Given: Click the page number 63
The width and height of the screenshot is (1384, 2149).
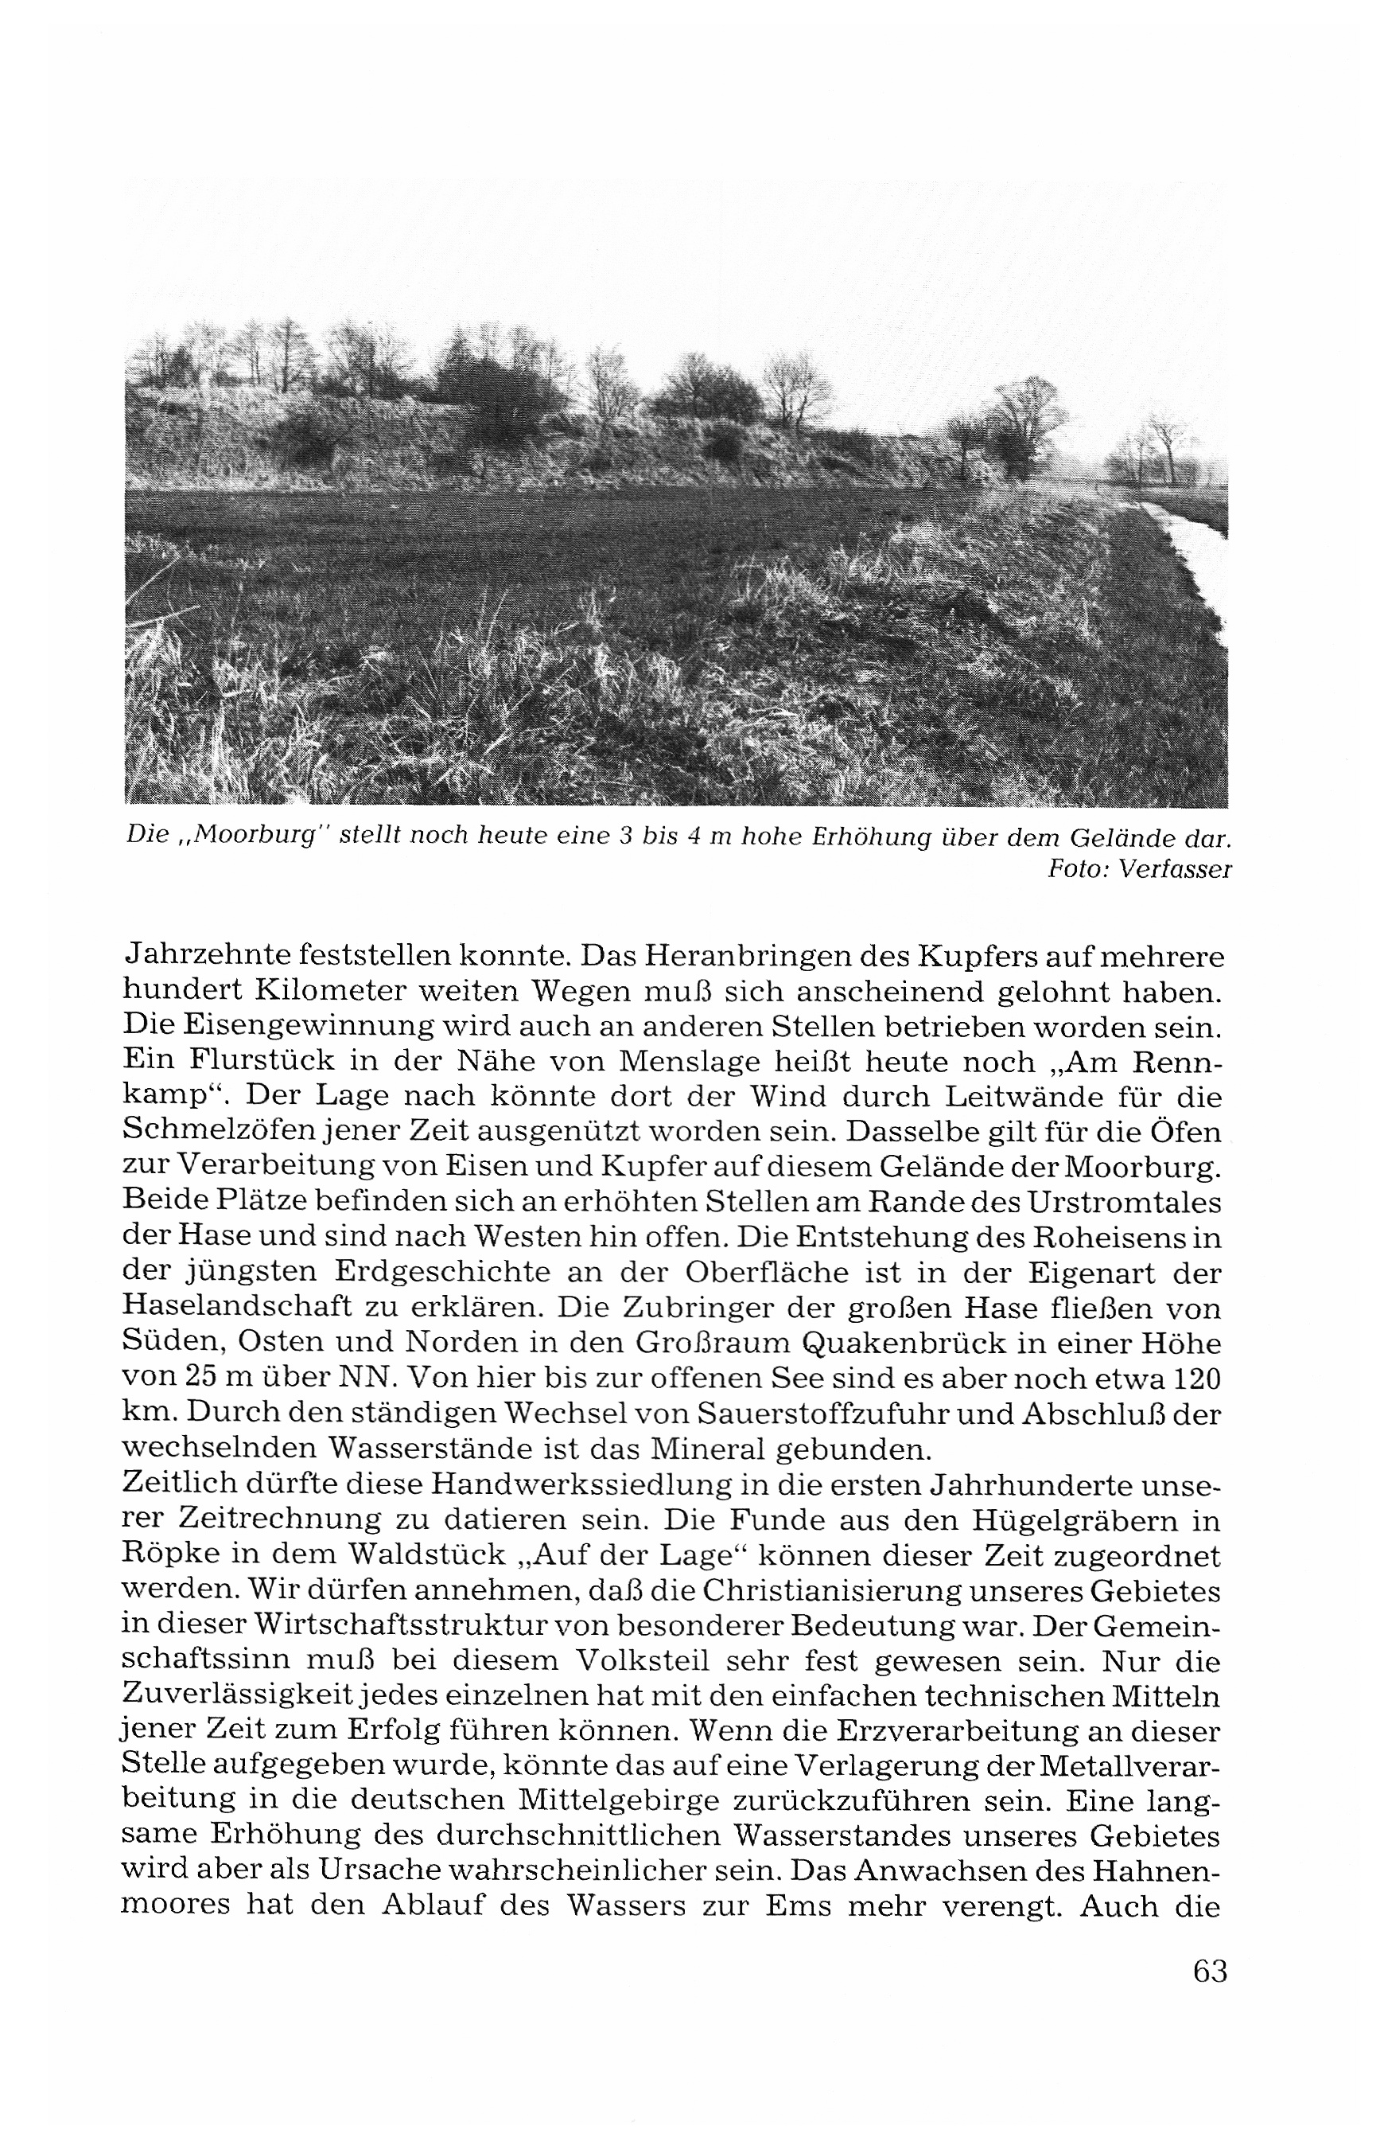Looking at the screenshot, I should tap(1210, 1970).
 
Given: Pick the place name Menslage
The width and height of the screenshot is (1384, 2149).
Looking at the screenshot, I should tap(691, 1062).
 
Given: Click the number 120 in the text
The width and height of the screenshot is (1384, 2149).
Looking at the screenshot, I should tap(1195, 1379).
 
